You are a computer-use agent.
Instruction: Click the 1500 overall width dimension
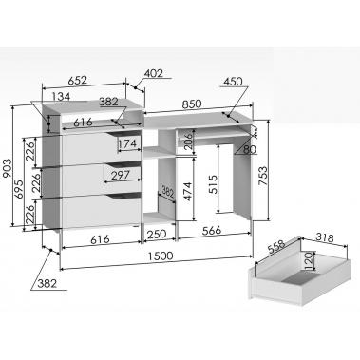pyautogui.click(x=161, y=256)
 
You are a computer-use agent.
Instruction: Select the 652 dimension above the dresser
pyautogui.click(x=78, y=80)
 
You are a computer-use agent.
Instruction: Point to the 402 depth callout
pyautogui.click(x=154, y=73)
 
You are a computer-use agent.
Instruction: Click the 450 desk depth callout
pyautogui.click(x=233, y=82)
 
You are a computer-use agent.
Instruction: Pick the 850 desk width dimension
pyautogui.click(x=191, y=104)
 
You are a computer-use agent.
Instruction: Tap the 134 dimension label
pyautogui.click(x=61, y=96)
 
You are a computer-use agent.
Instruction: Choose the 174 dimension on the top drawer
pyautogui.click(x=128, y=144)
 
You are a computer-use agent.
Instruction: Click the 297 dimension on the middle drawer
pyautogui.click(x=121, y=175)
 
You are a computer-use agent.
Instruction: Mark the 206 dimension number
pyautogui.click(x=188, y=142)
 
